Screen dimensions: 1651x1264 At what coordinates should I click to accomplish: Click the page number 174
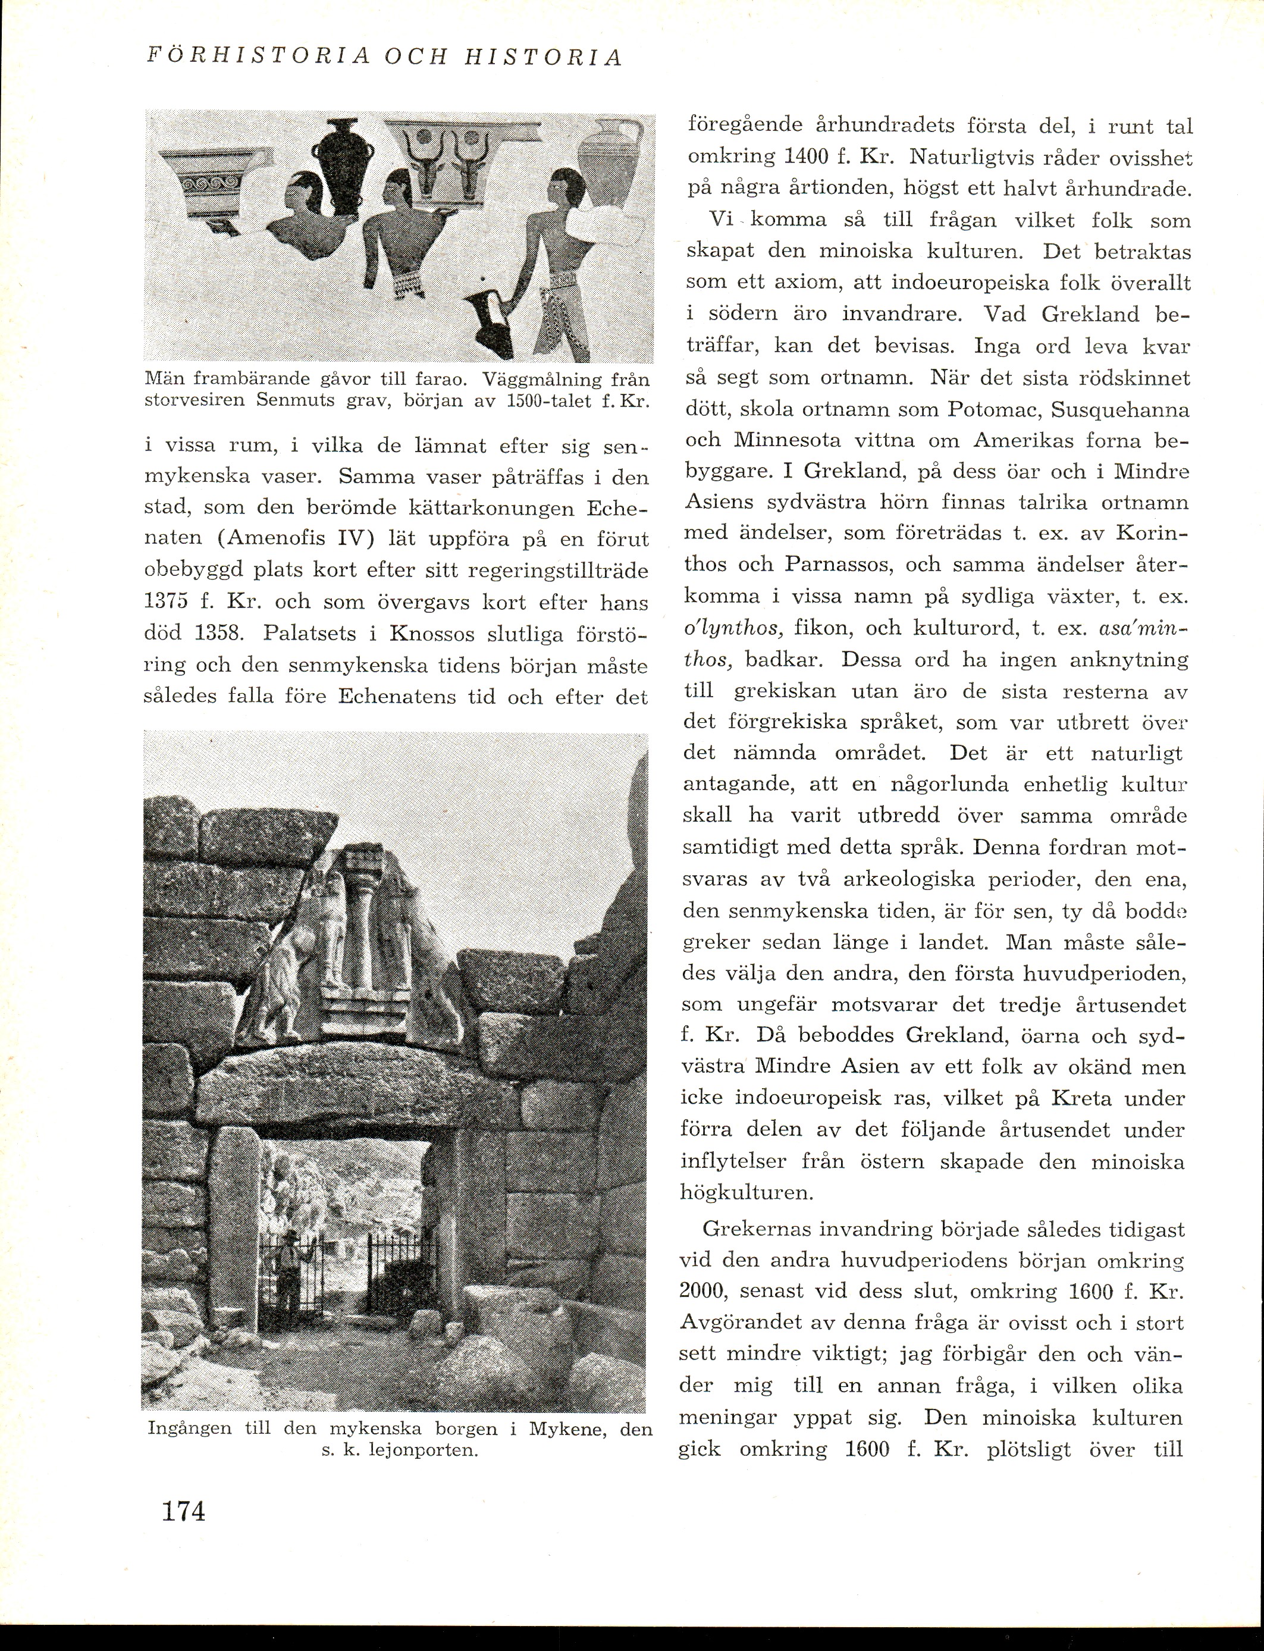click(x=183, y=1510)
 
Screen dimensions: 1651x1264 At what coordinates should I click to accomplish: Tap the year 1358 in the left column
click(x=218, y=634)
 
